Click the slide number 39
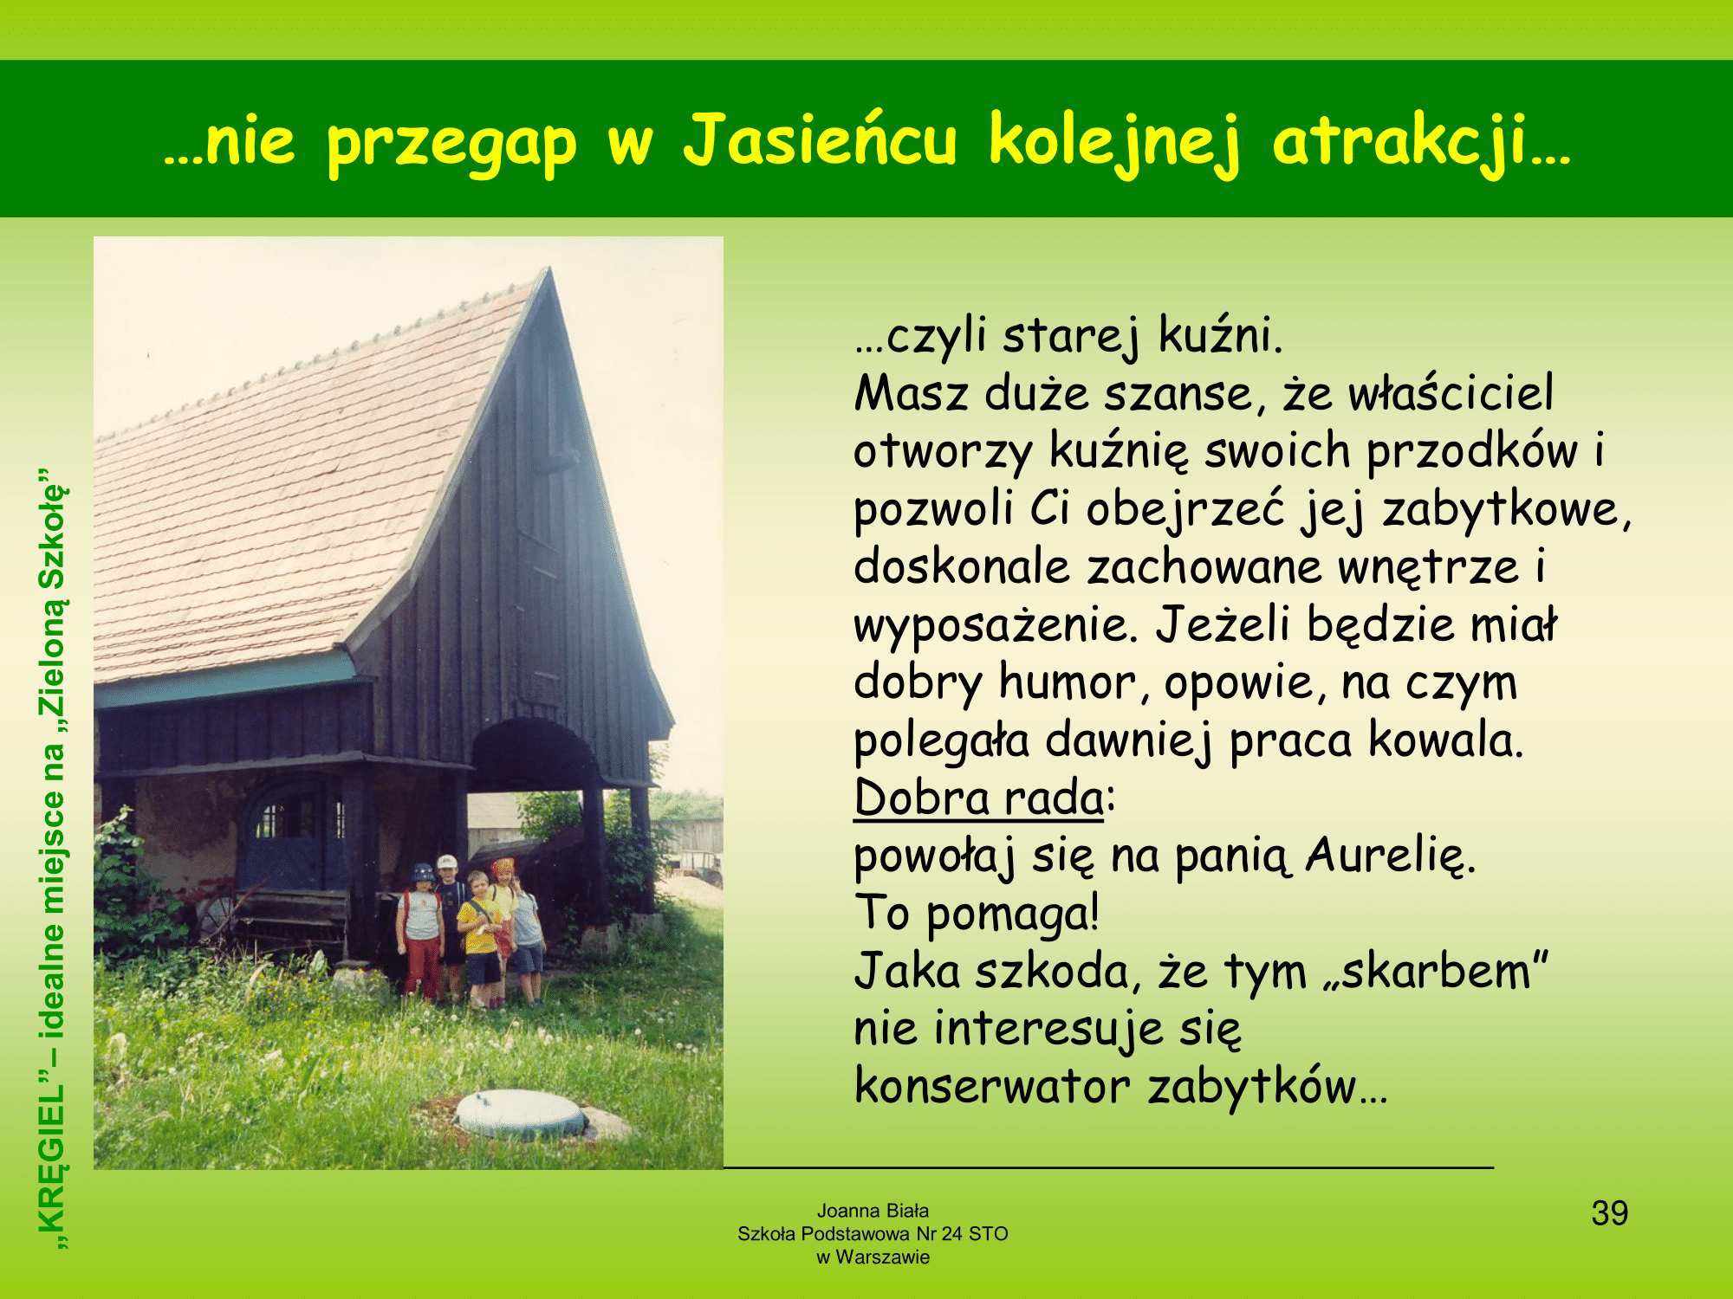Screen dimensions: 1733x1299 (1609, 1213)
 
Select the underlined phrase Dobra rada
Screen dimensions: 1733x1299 (978, 798)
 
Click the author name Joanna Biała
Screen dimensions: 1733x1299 (873, 1211)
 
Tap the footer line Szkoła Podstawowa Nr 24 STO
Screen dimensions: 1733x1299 (873, 1234)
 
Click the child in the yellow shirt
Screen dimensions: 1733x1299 (479, 940)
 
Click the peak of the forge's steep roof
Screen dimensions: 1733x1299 (548, 268)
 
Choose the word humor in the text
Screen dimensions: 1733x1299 (1067, 682)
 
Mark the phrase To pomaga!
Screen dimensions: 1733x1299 (977, 914)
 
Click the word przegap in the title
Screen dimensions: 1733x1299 (451, 144)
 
